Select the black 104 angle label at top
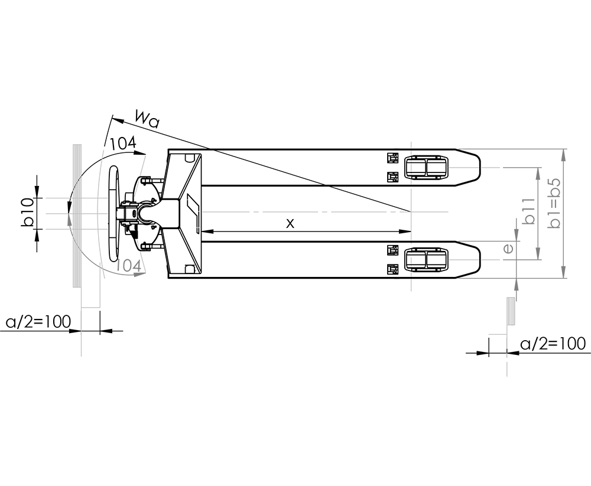tap(122, 143)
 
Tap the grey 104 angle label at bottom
tap(128, 266)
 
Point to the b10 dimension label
tap(28, 213)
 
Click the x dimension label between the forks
tap(290, 223)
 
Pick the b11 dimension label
tap(530, 211)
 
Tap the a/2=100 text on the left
tap(38, 322)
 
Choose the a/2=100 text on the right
tap(553, 344)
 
